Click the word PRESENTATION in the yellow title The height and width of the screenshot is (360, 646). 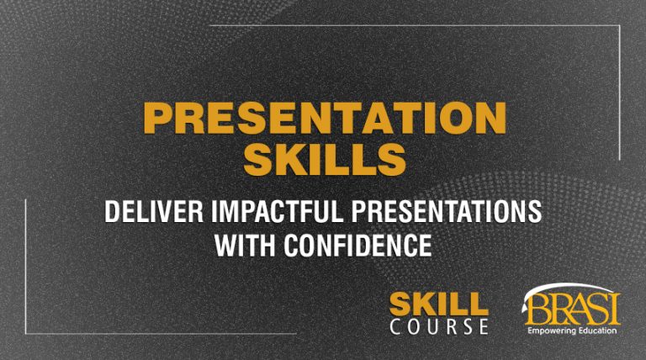[x=324, y=119]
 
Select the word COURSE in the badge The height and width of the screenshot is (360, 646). [x=438, y=326]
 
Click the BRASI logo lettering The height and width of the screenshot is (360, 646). [x=572, y=310]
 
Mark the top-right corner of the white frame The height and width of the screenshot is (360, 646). [x=620, y=26]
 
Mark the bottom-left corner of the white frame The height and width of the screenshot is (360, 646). [x=26, y=333]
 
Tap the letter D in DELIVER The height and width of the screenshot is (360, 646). [x=111, y=213]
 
